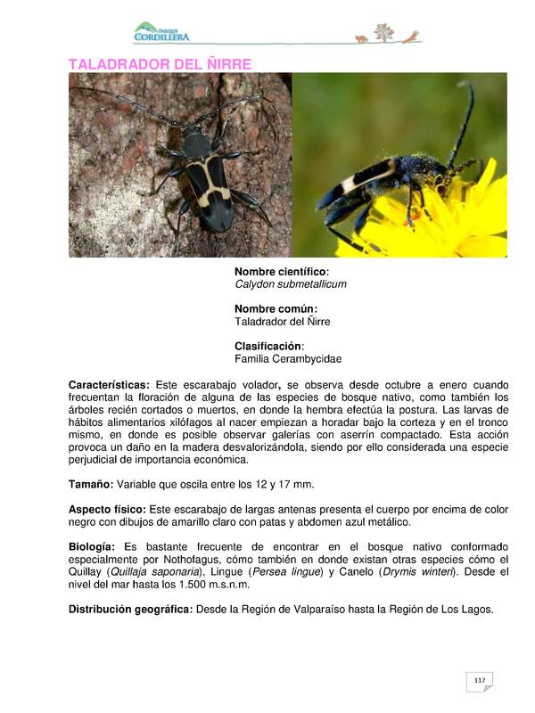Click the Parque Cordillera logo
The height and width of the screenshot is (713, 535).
(x=161, y=33)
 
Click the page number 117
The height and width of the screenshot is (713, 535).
(x=480, y=681)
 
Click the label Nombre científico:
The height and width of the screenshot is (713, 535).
(x=281, y=271)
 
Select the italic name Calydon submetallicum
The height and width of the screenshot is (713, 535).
(x=290, y=284)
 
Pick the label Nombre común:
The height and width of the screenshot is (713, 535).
(x=276, y=308)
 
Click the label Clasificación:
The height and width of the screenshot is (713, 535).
(x=269, y=346)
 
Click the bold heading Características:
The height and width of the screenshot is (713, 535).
(x=109, y=384)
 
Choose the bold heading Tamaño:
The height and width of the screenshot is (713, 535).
(x=90, y=484)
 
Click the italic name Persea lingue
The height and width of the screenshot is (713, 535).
(x=286, y=571)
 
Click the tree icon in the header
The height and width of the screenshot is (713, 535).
(x=384, y=33)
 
